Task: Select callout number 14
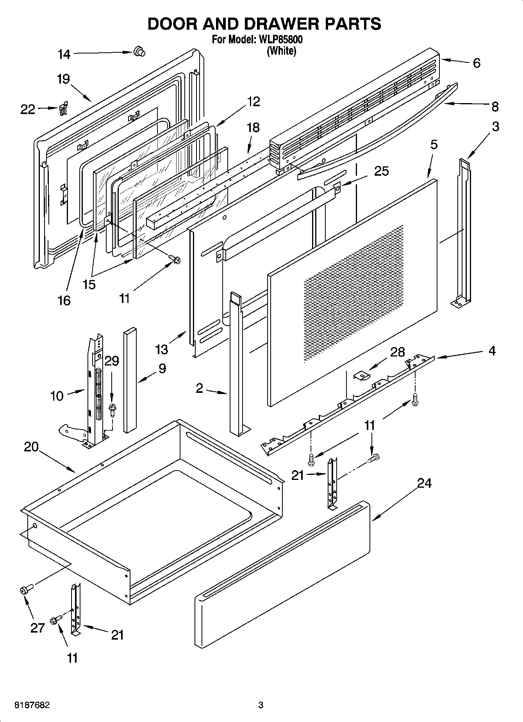pos(64,54)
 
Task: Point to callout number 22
pos(28,110)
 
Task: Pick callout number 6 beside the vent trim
pos(477,63)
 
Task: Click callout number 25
pos(381,171)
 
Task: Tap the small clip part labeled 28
pos(362,375)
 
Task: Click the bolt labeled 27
pos(25,590)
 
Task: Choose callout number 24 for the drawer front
pos(424,483)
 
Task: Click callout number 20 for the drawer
pos(31,447)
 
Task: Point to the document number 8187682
pos(32,705)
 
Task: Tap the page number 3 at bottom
pos(261,705)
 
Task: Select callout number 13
pos(161,349)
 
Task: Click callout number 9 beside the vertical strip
pos(162,368)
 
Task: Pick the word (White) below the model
pos(281,51)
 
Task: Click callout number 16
pos(64,300)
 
